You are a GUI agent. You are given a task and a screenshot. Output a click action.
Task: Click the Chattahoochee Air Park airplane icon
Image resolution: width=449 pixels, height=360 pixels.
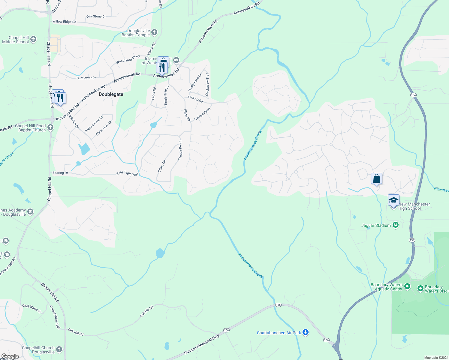[306, 332]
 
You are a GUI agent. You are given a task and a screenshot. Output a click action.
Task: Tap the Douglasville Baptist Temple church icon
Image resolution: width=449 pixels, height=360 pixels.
[154, 32]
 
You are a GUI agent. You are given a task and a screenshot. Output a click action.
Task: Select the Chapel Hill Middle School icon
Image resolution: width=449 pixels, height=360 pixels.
[33, 39]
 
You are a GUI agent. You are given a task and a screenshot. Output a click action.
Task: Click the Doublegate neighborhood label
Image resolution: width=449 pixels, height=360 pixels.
[111, 94]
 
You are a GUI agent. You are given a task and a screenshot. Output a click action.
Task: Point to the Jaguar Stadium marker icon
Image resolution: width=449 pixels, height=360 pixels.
[396, 225]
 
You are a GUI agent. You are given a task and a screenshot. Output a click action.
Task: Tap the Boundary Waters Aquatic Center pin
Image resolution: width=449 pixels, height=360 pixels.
[407, 286]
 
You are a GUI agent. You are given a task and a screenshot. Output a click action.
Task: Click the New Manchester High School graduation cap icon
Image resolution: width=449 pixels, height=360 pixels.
[393, 200]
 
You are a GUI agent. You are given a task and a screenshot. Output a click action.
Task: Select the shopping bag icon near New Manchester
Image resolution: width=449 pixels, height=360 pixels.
[376, 179]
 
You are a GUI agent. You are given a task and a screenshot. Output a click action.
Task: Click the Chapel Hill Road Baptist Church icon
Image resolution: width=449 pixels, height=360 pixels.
[50, 127]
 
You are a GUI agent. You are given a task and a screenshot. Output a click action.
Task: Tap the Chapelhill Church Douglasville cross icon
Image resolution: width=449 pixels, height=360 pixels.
[59, 349]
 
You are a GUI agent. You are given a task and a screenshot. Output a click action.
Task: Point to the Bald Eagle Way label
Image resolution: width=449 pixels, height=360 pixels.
[128, 174]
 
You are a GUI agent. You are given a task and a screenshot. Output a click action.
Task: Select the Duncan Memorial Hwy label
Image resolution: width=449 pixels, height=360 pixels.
[201, 344]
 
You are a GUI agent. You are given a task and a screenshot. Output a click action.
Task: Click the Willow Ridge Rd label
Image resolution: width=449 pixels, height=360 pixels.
[64, 22]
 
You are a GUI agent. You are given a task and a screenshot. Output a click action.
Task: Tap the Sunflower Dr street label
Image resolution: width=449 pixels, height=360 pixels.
[86, 78]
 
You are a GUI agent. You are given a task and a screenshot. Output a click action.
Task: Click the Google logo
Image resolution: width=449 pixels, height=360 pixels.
[10, 356]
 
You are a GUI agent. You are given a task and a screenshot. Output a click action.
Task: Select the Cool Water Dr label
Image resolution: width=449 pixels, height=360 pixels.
[32, 308]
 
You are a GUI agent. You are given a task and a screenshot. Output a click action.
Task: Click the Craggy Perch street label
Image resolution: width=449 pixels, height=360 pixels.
[180, 150]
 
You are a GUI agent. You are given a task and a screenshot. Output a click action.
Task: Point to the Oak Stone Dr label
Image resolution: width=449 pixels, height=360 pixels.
[96, 16]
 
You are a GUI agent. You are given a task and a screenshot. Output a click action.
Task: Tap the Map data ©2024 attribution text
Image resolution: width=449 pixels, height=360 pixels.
[436, 358]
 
